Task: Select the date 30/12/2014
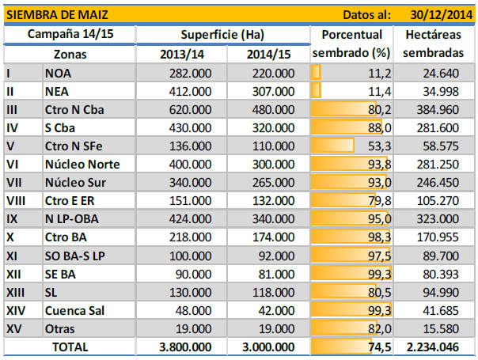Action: [440, 14]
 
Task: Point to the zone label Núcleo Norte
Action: [83, 164]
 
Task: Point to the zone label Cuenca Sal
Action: [81, 310]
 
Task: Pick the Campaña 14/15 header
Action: [70, 35]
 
